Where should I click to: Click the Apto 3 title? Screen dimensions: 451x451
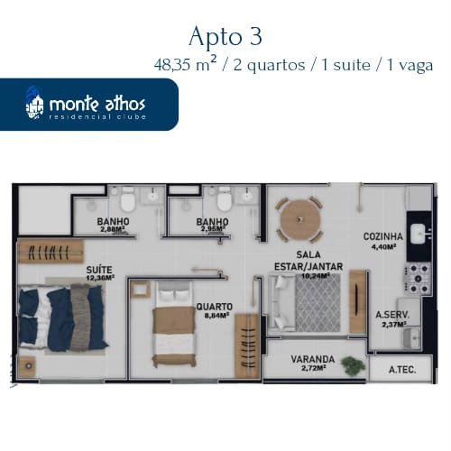[225, 36]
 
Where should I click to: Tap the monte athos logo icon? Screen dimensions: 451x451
[34, 104]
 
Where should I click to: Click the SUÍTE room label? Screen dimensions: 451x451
[99, 270]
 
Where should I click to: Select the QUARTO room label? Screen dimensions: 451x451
[215, 307]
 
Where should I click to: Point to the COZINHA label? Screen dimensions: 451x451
[383, 236]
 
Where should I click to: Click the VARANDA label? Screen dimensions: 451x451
[313, 359]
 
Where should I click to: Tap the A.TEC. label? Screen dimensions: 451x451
[402, 370]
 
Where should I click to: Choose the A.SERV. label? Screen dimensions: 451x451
[392, 315]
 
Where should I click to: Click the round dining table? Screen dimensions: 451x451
[299, 219]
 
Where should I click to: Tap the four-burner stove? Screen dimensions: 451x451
[419, 279]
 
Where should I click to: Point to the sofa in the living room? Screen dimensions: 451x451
[281, 302]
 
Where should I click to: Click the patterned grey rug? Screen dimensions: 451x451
[318, 302]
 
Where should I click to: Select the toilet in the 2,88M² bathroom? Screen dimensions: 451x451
[128, 199]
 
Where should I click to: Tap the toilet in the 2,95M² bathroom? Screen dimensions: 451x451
[225, 199]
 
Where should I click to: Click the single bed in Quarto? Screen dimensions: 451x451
[174, 324]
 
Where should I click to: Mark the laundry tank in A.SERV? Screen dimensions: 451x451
[411, 338]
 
